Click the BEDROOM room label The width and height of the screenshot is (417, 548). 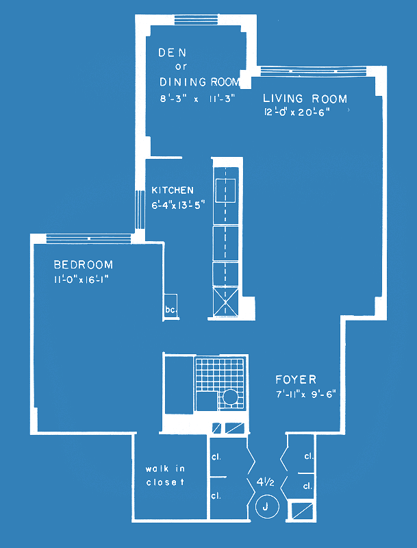pyautogui.click(x=84, y=264)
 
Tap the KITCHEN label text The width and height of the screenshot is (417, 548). pyautogui.click(x=173, y=190)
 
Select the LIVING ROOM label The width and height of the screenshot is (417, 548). pyautogui.click(x=305, y=99)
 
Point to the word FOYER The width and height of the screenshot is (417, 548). pyautogui.click(x=296, y=379)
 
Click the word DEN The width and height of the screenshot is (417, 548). pyautogui.click(x=172, y=53)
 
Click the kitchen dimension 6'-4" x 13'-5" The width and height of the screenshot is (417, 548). pyautogui.click(x=177, y=205)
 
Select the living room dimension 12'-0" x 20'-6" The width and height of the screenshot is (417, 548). pyautogui.click(x=297, y=112)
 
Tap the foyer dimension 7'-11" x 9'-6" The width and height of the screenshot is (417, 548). pyautogui.click(x=305, y=395)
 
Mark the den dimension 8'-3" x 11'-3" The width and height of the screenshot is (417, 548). pyautogui.click(x=196, y=99)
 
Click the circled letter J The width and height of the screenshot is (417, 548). pyautogui.click(x=267, y=507)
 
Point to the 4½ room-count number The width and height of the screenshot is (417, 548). pyautogui.click(x=265, y=483)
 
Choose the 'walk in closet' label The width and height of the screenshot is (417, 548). pyautogui.click(x=165, y=475)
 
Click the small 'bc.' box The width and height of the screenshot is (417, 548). pyautogui.click(x=171, y=306)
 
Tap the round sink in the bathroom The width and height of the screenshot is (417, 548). pyautogui.click(x=230, y=397)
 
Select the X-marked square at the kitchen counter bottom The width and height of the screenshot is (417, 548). pyautogui.click(x=225, y=301)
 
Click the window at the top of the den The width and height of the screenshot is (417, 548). pyautogui.click(x=196, y=20)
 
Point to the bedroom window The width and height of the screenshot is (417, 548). pyautogui.click(x=89, y=238)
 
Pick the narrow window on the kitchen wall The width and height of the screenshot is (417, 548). pyautogui.click(x=140, y=210)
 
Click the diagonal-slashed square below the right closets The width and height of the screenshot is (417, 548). pyautogui.click(x=302, y=512)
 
